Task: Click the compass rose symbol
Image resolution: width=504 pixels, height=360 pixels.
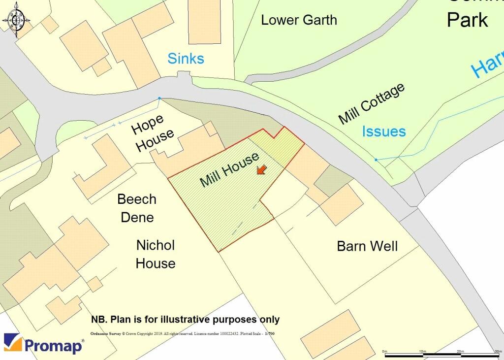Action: click(x=15, y=20)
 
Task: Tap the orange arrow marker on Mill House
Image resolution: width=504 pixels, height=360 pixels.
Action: click(x=261, y=170)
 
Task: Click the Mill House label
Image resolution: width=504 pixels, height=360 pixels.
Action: click(x=229, y=170)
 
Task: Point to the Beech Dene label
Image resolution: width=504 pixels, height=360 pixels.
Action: click(x=137, y=208)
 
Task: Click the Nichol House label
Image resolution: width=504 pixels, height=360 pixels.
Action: click(x=155, y=254)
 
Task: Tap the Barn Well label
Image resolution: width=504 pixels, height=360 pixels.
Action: click(x=367, y=246)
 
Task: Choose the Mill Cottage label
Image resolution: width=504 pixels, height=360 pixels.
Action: click(x=372, y=104)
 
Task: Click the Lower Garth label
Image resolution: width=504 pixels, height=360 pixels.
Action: click(x=299, y=20)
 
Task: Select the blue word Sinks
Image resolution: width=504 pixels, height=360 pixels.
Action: click(x=186, y=59)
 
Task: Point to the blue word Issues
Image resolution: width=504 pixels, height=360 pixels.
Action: click(x=384, y=131)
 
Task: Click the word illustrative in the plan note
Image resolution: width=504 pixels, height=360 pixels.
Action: click(x=185, y=320)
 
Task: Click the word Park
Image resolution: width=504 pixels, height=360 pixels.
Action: click(x=467, y=20)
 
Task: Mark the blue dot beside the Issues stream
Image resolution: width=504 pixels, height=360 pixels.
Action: click(x=376, y=160)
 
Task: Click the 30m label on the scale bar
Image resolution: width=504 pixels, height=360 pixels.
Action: click(x=497, y=351)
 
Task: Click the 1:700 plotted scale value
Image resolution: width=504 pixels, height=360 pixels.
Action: click(x=269, y=334)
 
